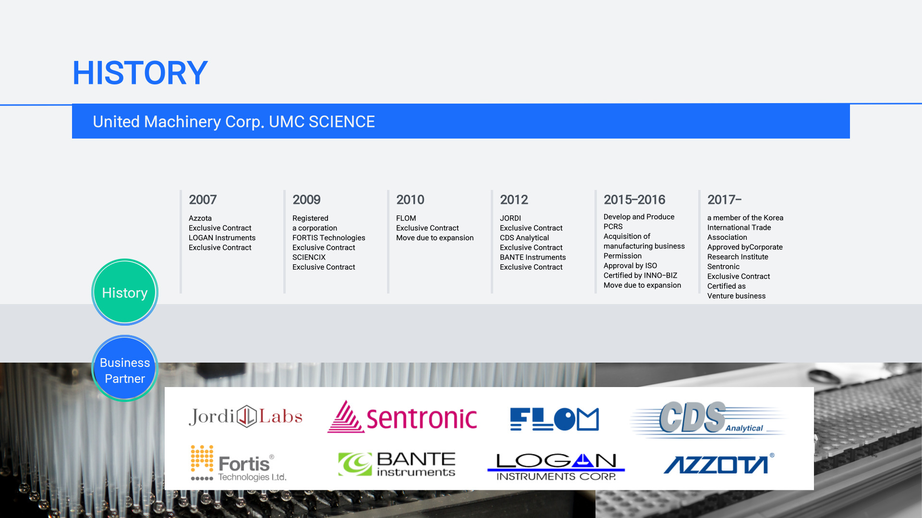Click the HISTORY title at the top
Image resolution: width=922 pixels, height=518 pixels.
pos(140,73)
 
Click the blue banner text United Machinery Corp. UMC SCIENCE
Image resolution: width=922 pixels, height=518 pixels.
pos(234,122)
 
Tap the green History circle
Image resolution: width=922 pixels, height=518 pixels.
pos(125,292)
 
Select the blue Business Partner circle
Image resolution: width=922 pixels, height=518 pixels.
pos(125,368)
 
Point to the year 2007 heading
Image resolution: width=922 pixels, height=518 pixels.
pos(203,200)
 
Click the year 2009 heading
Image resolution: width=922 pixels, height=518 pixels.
pos(306,200)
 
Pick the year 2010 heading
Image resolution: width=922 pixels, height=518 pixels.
pos(410,200)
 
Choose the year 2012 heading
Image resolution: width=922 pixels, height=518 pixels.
pos(514,200)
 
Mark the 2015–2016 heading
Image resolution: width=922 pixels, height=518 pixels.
pos(634,200)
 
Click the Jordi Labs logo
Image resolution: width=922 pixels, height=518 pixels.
pos(245,416)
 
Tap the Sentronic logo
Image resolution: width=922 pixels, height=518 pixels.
pos(402,417)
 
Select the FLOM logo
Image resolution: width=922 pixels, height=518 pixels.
pos(555,419)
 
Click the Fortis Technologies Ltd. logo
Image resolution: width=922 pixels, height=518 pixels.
pos(239,463)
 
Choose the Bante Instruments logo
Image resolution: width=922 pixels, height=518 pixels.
pos(397,464)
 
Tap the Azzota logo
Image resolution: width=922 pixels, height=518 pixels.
pos(719,464)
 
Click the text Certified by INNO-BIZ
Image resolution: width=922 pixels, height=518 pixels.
pos(640,275)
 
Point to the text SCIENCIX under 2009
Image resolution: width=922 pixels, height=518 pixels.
pos(309,257)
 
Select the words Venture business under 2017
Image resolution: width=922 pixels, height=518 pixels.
pos(736,296)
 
